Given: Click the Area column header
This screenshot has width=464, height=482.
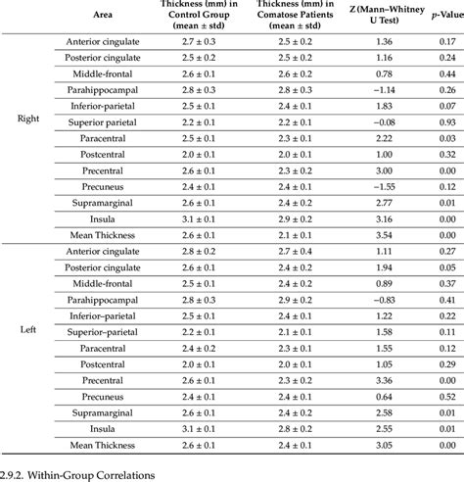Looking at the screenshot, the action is click(x=102, y=16).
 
